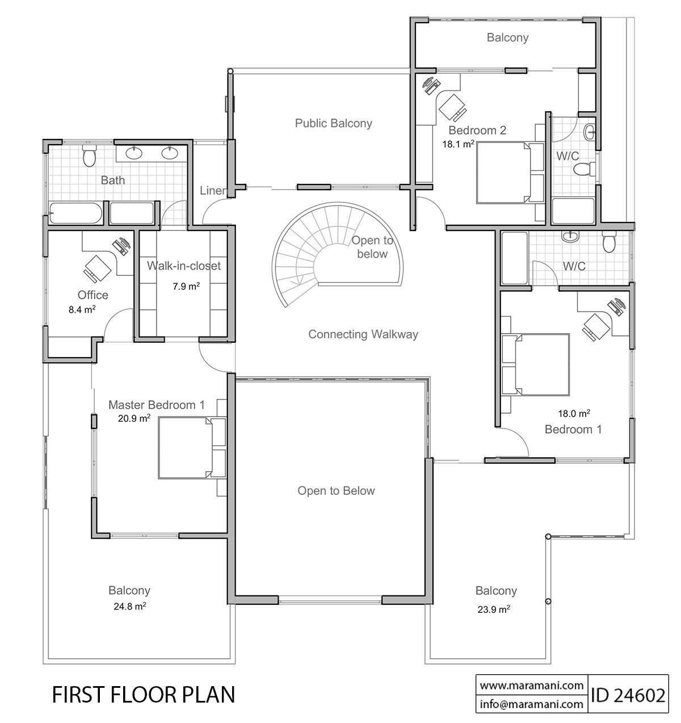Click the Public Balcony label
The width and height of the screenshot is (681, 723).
(x=333, y=123)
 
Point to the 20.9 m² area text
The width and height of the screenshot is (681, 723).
(x=134, y=418)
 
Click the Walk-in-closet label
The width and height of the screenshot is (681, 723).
(x=184, y=266)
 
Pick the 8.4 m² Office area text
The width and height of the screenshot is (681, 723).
(x=81, y=309)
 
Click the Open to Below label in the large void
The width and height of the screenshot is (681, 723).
(x=336, y=491)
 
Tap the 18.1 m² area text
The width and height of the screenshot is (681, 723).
(x=458, y=144)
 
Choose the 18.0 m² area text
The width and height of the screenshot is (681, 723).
(x=574, y=413)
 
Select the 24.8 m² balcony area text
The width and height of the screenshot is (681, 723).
(x=129, y=606)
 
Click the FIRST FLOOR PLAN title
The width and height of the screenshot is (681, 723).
(x=143, y=695)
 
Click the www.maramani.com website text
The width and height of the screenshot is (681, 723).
(x=531, y=685)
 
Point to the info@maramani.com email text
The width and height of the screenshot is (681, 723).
(x=531, y=704)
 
